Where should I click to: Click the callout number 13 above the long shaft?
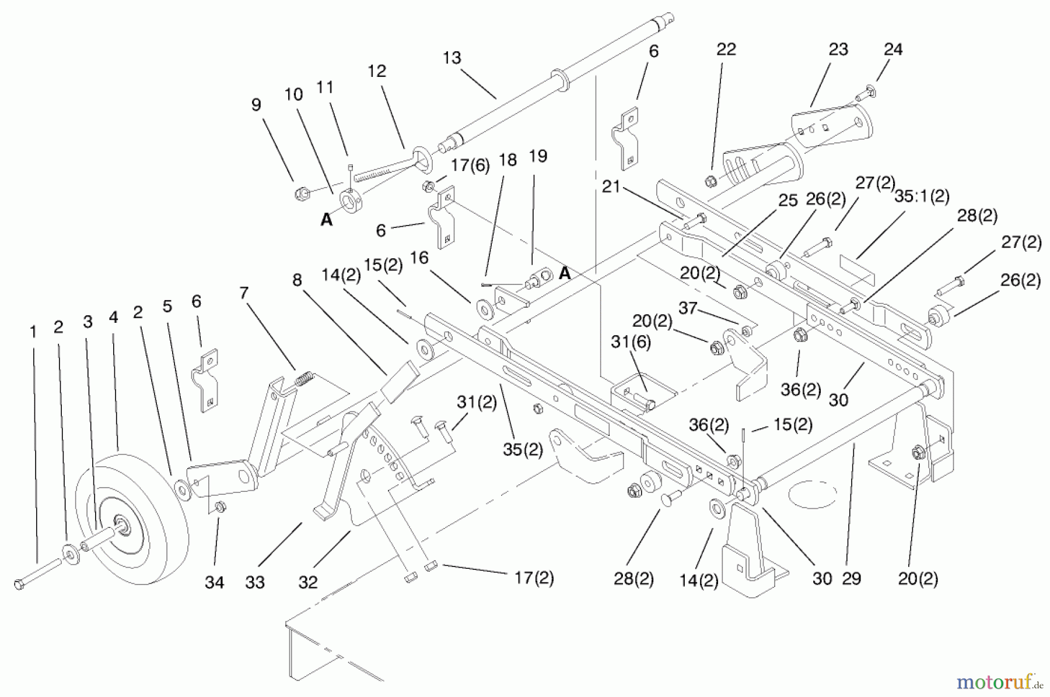pos(452,58)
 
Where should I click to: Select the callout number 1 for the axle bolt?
pos(33,332)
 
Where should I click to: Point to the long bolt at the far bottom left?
pos(37,573)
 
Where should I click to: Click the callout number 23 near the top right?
pos(838,50)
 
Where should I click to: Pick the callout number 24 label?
pos(893,50)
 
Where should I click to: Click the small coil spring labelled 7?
pos(303,379)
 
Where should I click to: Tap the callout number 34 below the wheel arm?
pos(214,582)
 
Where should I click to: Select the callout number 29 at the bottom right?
pos(851,578)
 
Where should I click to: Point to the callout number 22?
pos(726,49)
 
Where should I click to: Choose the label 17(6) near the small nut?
pos(470,165)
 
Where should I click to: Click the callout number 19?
pos(538,156)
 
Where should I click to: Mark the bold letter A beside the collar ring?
pos(327,219)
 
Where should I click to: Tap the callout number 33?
pos(255,582)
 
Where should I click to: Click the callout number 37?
pos(688,307)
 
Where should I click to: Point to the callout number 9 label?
pos(256,105)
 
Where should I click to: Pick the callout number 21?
pos(611,186)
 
